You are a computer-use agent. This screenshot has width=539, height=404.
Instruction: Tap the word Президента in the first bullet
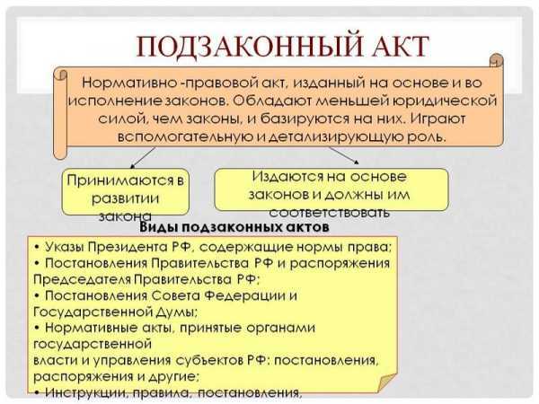click(133, 246)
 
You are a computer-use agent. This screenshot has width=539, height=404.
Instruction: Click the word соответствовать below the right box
click(331, 213)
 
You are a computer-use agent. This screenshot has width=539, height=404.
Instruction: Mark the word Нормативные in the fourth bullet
click(91, 328)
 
